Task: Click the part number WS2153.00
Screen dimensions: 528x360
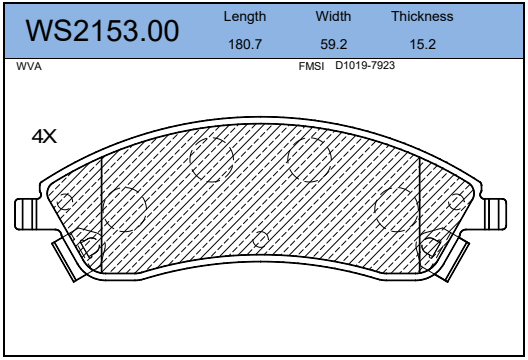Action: coord(102,31)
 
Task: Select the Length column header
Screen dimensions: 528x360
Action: coord(245,17)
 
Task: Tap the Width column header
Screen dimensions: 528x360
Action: coord(333,16)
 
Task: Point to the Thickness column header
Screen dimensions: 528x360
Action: coord(422,16)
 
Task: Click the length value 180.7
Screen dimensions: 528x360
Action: coord(245,44)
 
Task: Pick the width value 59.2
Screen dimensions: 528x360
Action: coord(333,44)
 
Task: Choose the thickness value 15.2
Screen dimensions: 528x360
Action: coord(423,44)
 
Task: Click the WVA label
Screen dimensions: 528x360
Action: coord(29,66)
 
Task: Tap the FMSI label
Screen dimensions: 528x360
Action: coord(311,66)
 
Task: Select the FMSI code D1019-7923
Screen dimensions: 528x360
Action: coord(365,65)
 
